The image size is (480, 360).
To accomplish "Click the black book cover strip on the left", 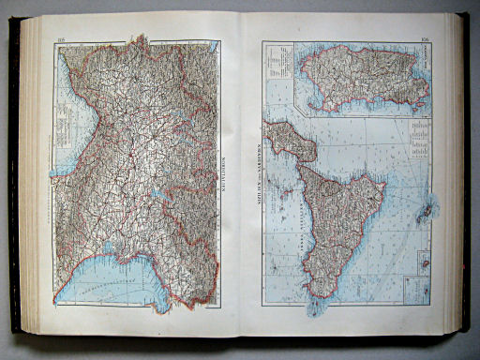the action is click(x=14, y=178).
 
